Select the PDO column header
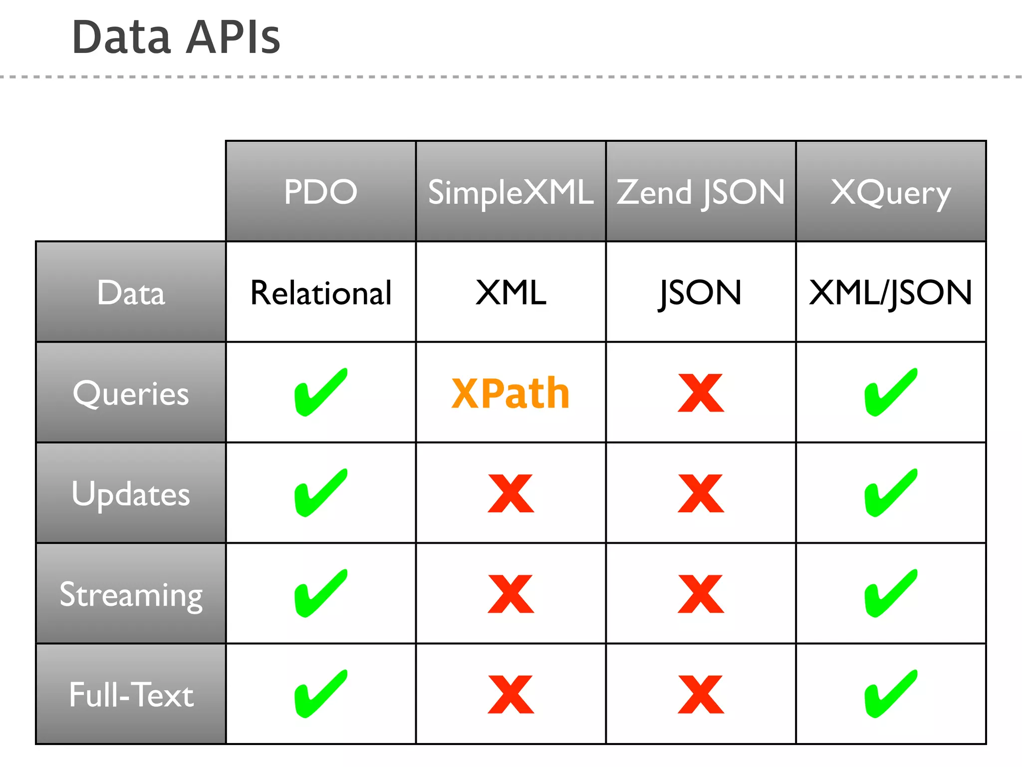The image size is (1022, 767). [x=321, y=192]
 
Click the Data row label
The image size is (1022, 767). [x=131, y=293]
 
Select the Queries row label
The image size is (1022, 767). [x=131, y=393]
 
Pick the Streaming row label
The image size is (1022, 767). [x=131, y=594]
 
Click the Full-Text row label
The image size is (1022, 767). [x=131, y=695]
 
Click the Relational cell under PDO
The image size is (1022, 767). [x=321, y=293]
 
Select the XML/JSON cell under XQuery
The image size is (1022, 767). [x=891, y=293]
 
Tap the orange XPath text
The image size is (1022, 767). [x=511, y=393]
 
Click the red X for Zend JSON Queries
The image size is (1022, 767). [x=701, y=393]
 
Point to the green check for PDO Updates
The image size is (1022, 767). [x=320, y=493]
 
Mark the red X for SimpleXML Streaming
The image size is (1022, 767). [x=511, y=594]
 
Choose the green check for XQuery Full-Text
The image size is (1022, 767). [x=890, y=694]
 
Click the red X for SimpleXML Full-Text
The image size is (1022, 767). [x=511, y=695]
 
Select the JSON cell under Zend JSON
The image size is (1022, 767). [x=701, y=293]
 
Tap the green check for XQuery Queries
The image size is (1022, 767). [x=890, y=392]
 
